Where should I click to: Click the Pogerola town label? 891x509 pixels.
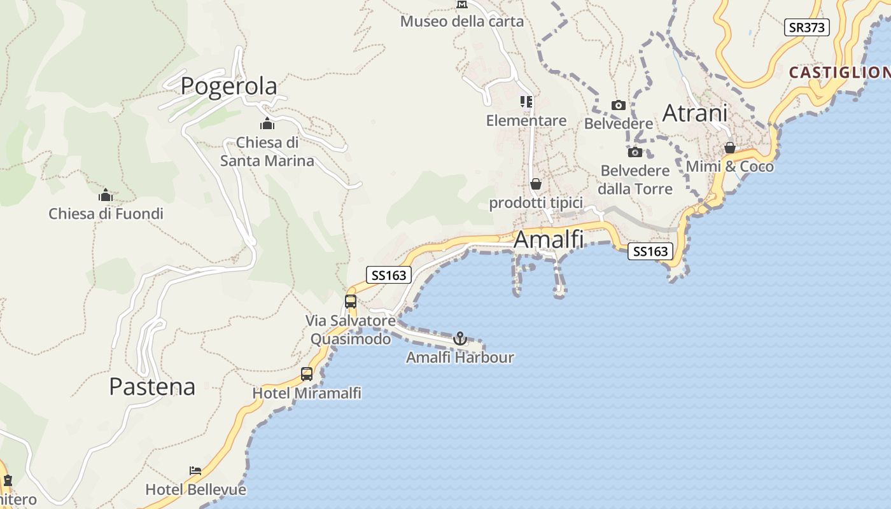pyautogui.click(x=229, y=86)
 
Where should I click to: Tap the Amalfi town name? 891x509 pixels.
pyautogui.click(x=548, y=239)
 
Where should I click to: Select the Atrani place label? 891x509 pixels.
pyautogui.click(x=695, y=113)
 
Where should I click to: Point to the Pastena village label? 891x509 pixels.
pyautogui.click(x=152, y=386)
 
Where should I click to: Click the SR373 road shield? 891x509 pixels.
pyautogui.click(x=806, y=27)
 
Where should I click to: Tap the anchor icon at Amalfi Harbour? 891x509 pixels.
pyautogui.click(x=460, y=338)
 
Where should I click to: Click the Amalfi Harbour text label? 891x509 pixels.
pyautogui.click(x=460, y=357)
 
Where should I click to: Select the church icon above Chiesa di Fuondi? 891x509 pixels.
pyautogui.click(x=106, y=195)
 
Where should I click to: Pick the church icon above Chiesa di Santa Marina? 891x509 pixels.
pyautogui.click(x=267, y=123)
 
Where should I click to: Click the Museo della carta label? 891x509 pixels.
pyautogui.click(x=462, y=21)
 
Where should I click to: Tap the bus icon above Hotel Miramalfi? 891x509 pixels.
pyautogui.click(x=307, y=374)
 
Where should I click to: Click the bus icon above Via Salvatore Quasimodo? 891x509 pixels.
pyautogui.click(x=351, y=302)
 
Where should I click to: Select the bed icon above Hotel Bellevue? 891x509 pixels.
pyautogui.click(x=196, y=471)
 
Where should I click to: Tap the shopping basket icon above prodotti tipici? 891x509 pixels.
pyautogui.click(x=536, y=184)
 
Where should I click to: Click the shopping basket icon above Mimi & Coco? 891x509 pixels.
pyautogui.click(x=730, y=148)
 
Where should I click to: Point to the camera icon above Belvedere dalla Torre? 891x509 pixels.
pyautogui.click(x=635, y=152)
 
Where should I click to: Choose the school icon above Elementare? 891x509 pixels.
pyautogui.click(x=526, y=102)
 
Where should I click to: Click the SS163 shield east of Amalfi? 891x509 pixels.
pyautogui.click(x=650, y=251)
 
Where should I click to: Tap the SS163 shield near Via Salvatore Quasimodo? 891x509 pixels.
pyautogui.click(x=389, y=275)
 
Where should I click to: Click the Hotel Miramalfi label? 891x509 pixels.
pyautogui.click(x=307, y=393)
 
